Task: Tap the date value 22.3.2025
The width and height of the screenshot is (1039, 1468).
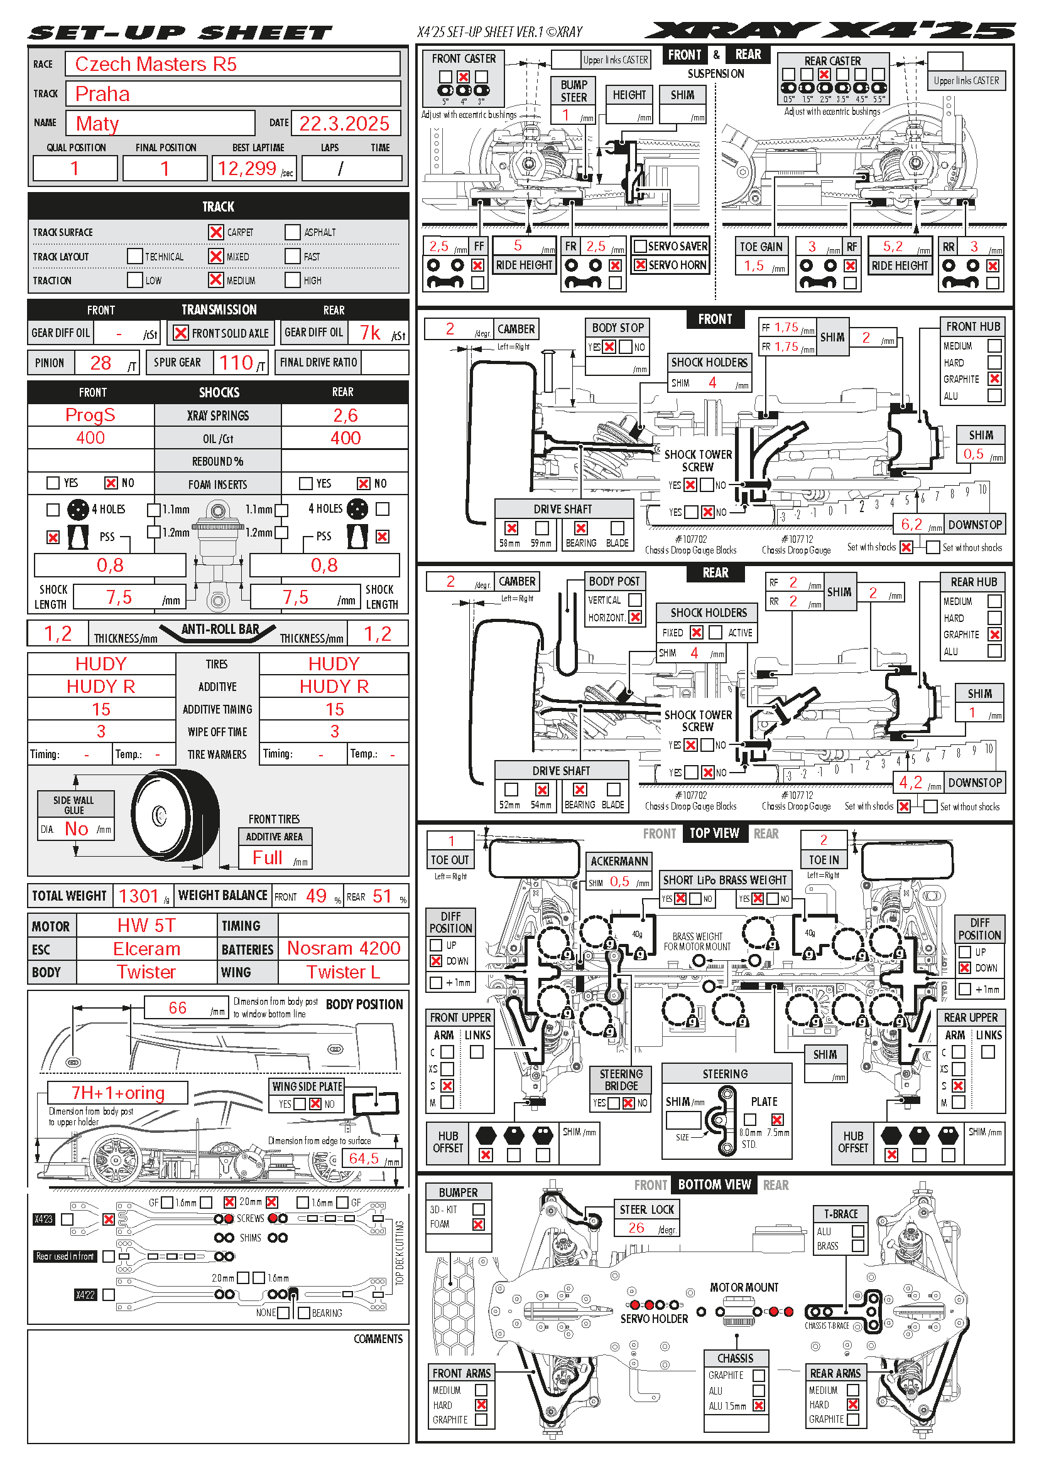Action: [x=344, y=124]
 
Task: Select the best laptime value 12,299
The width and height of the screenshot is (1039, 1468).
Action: [x=247, y=168]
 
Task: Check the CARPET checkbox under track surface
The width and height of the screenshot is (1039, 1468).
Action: [x=216, y=232]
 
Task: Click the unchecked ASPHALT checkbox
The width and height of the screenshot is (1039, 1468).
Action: [x=292, y=232]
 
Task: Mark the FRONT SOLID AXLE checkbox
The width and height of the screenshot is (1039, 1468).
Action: [x=181, y=333]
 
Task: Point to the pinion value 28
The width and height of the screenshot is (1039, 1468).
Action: [x=101, y=363]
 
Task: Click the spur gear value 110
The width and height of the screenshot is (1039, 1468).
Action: [x=236, y=363]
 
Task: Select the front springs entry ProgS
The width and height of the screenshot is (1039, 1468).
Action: [x=90, y=415]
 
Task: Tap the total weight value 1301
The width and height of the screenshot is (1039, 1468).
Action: [x=138, y=896]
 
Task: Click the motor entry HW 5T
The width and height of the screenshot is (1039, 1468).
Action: [x=146, y=925]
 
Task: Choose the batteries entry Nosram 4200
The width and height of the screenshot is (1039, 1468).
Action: [x=344, y=948]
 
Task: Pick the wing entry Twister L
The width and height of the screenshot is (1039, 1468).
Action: [x=343, y=972]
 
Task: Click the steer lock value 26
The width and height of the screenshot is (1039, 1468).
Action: [x=636, y=1228]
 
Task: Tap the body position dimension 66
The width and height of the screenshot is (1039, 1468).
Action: [x=177, y=1008]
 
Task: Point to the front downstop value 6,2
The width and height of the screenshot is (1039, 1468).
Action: [x=911, y=524]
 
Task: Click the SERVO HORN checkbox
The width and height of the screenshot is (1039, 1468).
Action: [x=639, y=265]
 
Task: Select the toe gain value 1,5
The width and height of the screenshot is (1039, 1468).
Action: [x=754, y=265]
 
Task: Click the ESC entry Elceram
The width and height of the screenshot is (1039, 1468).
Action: [x=146, y=949]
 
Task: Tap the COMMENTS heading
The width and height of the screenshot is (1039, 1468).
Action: [x=378, y=1339]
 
